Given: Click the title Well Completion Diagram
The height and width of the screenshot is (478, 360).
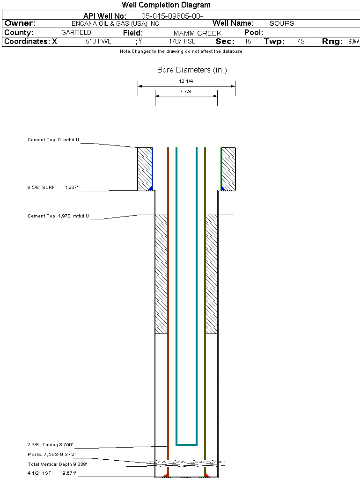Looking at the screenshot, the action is point(166,5).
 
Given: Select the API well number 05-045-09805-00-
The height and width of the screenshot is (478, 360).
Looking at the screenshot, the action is point(172,16).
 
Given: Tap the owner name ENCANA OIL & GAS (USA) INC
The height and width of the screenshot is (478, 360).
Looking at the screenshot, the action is point(115,23).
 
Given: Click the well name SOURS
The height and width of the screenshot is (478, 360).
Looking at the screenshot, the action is point(282,23).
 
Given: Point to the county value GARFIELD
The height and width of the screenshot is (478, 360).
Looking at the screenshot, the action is point(76,32).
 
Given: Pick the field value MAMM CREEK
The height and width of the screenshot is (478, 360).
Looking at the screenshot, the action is point(198,33).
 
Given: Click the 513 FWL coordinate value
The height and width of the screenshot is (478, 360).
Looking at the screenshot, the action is point(98,41).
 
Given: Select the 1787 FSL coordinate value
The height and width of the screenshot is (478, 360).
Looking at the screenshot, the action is point(182,41).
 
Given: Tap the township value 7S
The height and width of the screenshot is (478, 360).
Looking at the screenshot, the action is point(301,41).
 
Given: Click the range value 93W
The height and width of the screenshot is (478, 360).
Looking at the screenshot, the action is point(353,41).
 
